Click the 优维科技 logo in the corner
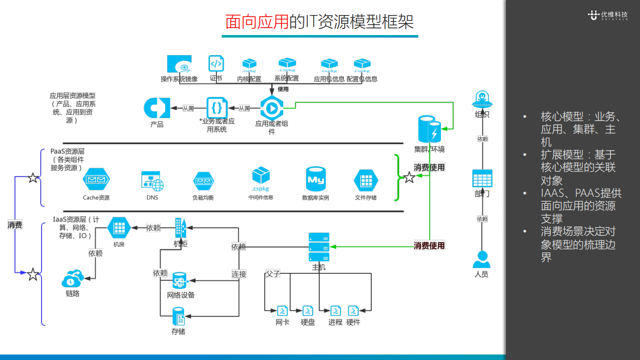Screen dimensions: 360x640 pos(607,15)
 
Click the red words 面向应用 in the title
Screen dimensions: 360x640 pos(257,22)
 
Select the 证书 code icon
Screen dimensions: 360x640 pos(216,64)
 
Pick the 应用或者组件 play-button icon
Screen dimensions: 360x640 pos(272,108)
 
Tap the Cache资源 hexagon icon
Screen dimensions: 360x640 pos(96,180)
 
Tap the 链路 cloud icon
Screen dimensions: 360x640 pos(73,278)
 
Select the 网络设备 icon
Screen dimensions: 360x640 pos(179,280)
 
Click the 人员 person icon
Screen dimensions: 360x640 pos(481,259)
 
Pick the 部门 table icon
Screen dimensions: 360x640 pos(482,178)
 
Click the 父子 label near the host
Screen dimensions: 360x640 pos(273,273)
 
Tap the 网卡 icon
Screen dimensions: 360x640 pos(282,310)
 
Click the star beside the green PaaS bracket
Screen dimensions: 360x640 pos(409,177)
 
